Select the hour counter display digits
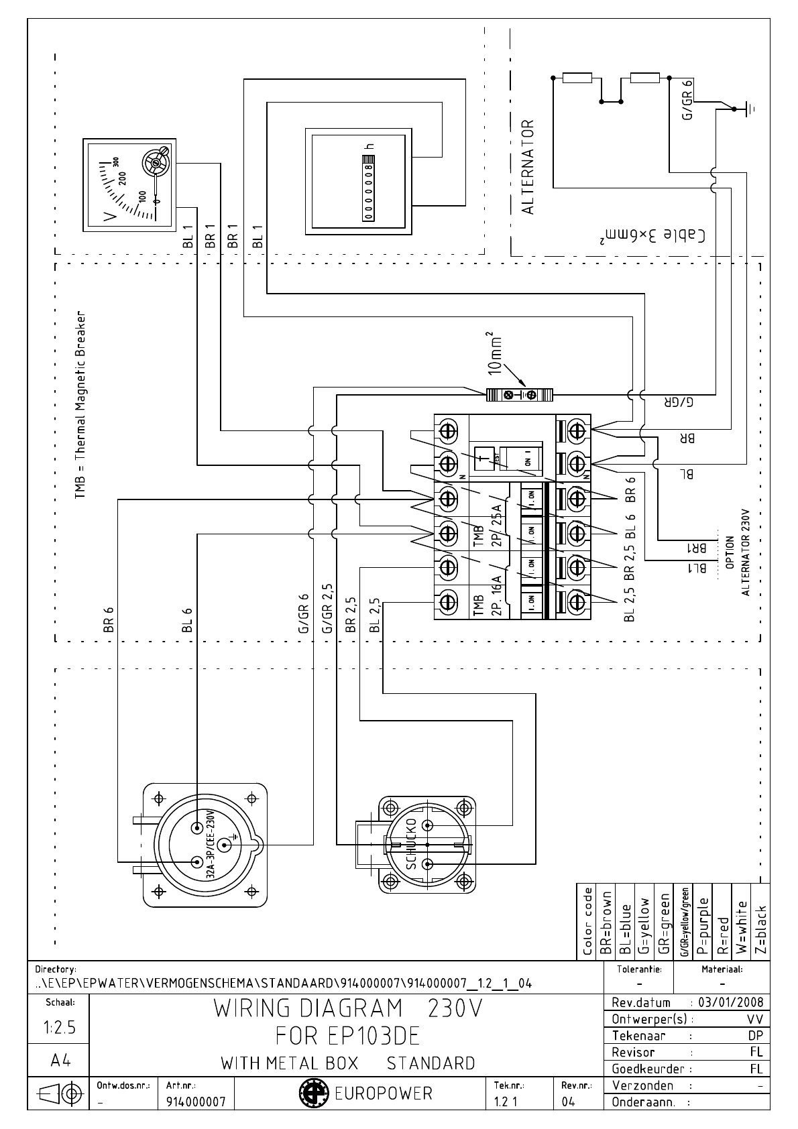pyautogui.click(x=367, y=188)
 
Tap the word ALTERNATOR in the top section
pyautogui.click(x=528, y=168)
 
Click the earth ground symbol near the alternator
pyautogui.click(x=750, y=107)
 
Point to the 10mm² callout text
pyautogui.click(x=495, y=352)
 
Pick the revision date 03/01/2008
pyautogui.click(x=730, y=1003)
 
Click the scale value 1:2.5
pyautogui.click(x=59, y=1028)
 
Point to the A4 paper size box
pyautogui.click(x=59, y=1061)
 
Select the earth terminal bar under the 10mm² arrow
pyautogui.click(x=520, y=395)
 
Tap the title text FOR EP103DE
pyautogui.click(x=347, y=1036)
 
